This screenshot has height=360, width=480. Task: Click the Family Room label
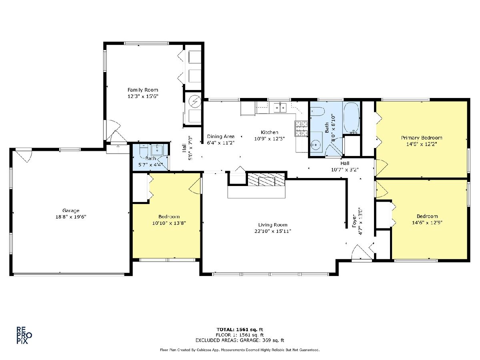[143, 90]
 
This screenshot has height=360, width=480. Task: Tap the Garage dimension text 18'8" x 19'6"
[71, 217]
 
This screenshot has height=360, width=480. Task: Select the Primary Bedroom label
[421, 138]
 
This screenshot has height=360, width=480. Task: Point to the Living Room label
[273, 225]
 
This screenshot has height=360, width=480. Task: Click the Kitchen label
[270, 132]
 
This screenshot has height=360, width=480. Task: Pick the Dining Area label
[221, 137]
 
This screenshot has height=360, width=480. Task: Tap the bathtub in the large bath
[351, 118]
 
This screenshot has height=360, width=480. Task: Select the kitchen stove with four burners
[301, 128]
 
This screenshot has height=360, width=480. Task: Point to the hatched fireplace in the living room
[266, 180]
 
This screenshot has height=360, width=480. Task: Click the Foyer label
[354, 221]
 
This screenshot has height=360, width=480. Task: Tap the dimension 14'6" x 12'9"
[427, 222]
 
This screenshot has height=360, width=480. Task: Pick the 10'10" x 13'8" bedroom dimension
[169, 223]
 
